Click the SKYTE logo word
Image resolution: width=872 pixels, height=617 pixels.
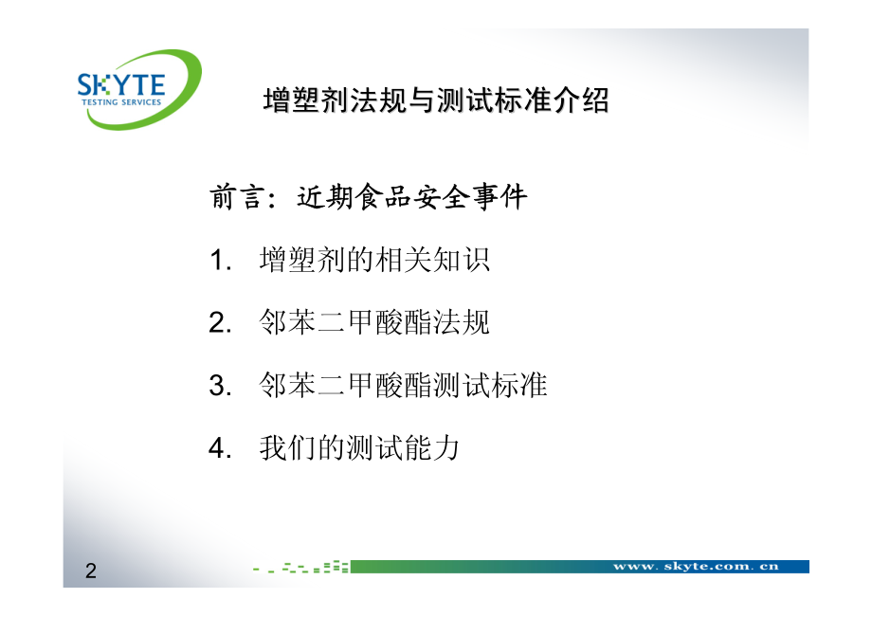click(x=121, y=84)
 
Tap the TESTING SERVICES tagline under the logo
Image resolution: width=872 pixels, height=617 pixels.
click(x=121, y=102)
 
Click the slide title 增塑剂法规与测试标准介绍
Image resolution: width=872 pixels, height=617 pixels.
click(x=436, y=100)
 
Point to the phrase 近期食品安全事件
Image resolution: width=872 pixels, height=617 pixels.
click(x=411, y=197)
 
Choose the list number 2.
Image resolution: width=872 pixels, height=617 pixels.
click(x=220, y=323)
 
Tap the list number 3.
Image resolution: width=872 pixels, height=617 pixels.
click(x=220, y=386)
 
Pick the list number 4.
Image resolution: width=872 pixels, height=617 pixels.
click(x=220, y=448)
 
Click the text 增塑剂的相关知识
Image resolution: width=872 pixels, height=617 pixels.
click(x=374, y=260)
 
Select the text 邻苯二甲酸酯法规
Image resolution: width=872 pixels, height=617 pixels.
click(x=374, y=322)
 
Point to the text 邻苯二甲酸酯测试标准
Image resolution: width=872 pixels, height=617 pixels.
click(x=403, y=385)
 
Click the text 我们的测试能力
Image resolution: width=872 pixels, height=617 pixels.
click(x=360, y=448)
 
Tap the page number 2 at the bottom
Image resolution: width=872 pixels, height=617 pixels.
click(x=91, y=571)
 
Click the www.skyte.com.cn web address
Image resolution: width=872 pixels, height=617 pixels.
click(x=696, y=567)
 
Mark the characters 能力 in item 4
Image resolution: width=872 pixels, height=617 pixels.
click(x=432, y=448)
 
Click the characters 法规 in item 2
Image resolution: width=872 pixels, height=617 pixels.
click(x=461, y=322)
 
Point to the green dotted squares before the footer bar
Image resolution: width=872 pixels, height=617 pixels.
click(x=300, y=567)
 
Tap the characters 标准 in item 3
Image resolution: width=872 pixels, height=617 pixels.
click(x=518, y=385)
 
